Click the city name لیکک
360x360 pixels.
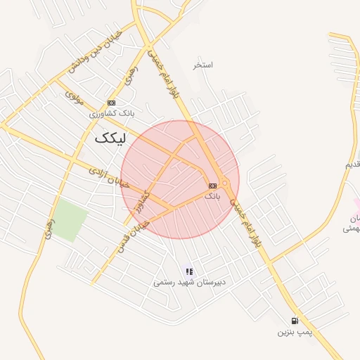111,139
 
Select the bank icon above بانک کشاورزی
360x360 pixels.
111,103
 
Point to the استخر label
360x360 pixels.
203,65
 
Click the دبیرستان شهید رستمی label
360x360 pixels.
188,283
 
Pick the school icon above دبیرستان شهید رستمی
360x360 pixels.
188,271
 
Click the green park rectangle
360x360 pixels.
70,220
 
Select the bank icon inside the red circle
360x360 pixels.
212,186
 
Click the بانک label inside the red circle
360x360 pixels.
212,196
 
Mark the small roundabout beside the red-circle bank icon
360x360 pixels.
224,183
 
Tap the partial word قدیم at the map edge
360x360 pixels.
352,165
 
